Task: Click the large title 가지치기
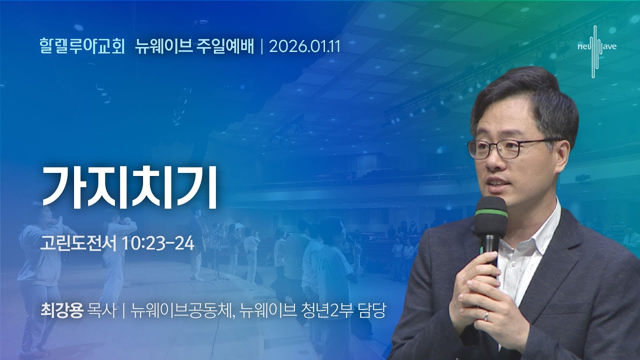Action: (x=130, y=186)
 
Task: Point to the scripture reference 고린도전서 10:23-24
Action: (x=117, y=244)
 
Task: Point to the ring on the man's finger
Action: (x=485, y=315)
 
